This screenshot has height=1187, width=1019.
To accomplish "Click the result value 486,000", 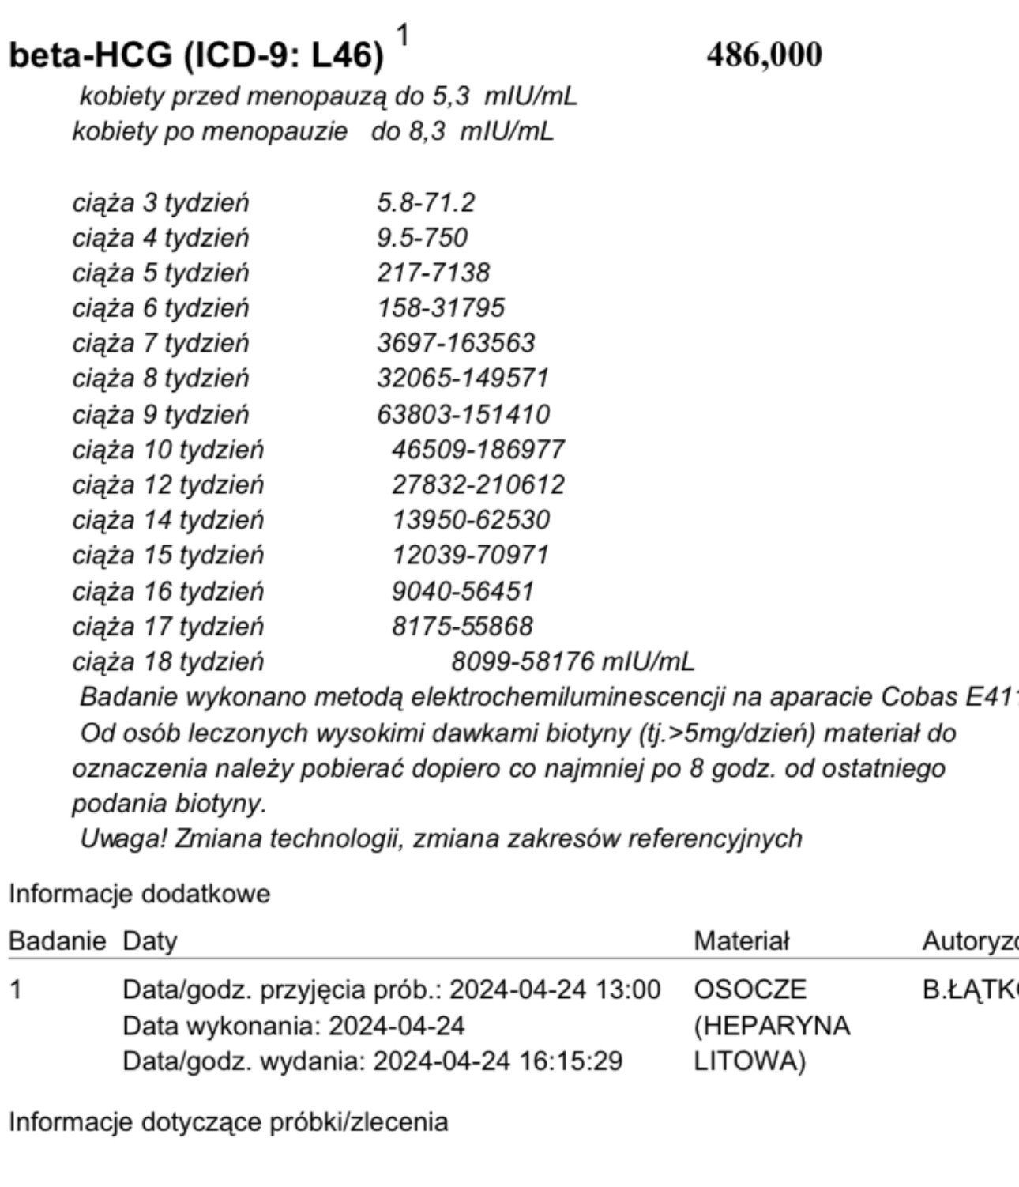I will pyautogui.click(x=764, y=55).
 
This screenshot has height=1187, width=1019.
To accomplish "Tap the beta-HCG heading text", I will pyautogui.click(x=196, y=55).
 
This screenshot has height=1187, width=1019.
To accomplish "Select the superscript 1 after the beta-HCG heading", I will pyautogui.click(x=403, y=36).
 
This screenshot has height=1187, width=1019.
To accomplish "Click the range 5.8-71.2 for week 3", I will pyautogui.click(x=426, y=203).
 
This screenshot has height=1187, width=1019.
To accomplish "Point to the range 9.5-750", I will pyautogui.click(x=422, y=238).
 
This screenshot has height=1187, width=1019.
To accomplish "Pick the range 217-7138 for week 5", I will pyautogui.click(x=433, y=273).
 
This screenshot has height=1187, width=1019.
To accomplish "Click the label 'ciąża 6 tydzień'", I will pyautogui.click(x=160, y=308).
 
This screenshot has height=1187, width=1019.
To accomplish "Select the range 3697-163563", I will pyautogui.click(x=456, y=343).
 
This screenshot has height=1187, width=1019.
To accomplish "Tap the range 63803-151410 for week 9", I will pyautogui.click(x=463, y=414).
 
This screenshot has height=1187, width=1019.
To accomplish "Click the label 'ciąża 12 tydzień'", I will pyautogui.click(x=167, y=484).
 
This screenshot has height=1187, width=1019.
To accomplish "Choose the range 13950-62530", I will pyautogui.click(x=471, y=520).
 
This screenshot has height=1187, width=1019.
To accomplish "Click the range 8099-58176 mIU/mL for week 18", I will pyautogui.click(x=573, y=661).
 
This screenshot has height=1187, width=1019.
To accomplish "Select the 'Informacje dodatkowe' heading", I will pyautogui.click(x=139, y=895).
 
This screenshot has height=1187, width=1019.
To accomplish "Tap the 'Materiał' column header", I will pyautogui.click(x=741, y=941).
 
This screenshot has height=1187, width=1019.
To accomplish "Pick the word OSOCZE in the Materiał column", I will pyautogui.click(x=750, y=990).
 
